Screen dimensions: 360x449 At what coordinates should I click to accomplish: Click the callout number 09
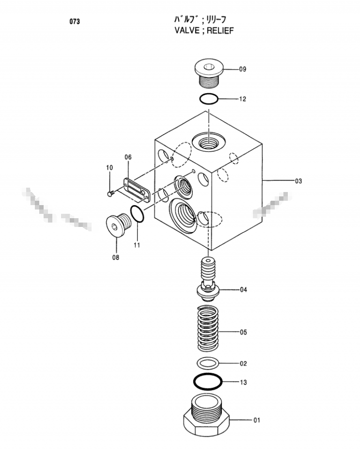click(242, 69)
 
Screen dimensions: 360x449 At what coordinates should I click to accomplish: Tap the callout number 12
click(242, 99)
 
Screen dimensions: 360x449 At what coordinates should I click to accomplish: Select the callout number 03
click(298, 181)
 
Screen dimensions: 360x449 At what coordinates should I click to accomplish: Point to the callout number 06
click(128, 157)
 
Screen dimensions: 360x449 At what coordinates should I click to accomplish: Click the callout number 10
click(110, 167)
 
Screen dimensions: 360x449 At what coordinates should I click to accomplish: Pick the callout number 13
click(243, 382)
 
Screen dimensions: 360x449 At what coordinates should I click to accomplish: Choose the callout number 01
click(257, 420)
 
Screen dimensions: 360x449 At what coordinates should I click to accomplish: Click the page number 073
click(75, 21)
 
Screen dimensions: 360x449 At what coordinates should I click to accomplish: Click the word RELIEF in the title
click(220, 31)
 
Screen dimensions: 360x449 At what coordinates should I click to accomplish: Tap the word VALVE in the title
click(187, 31)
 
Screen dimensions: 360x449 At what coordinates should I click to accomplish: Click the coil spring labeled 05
click(208, 328)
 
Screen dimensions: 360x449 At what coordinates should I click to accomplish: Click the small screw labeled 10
click(111, 193)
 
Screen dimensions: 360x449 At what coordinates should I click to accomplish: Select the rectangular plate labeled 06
click(136, 190)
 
